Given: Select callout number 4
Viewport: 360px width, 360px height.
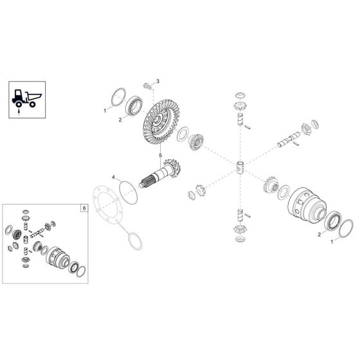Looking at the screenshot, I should pos(113,177).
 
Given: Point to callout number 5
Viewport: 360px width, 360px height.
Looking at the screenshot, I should pos(160,155).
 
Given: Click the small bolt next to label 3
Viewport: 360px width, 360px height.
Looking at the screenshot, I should pos(147,85).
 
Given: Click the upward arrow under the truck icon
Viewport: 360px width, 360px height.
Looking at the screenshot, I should pos(20,111).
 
